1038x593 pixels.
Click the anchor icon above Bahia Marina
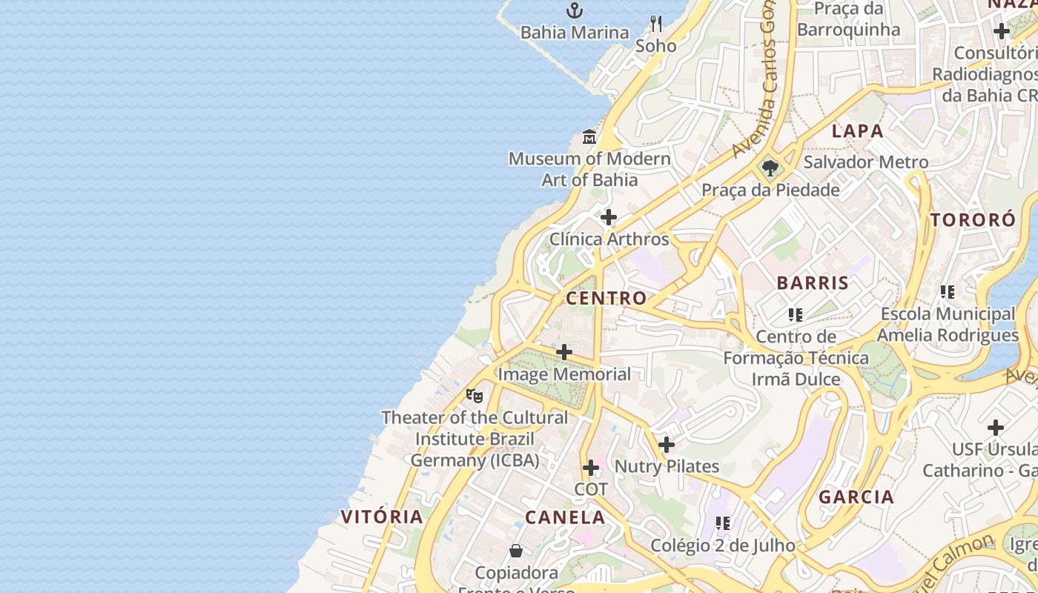tap(575, 10)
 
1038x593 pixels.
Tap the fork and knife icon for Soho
tap(655, 24)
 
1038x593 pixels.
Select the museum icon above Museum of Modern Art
tap(589, 137)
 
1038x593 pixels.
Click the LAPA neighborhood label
tap(857, 131)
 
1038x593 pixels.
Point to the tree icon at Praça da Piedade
tap(770, 168)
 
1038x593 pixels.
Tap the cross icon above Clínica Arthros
tap(609, 217)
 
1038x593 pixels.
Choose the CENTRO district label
tap(606, 298)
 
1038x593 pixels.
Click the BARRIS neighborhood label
tap(813, 282)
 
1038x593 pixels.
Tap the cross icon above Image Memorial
tap(564, 352)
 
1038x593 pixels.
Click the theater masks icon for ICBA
tap(475, 396)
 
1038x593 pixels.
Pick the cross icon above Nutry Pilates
tap(667, 445)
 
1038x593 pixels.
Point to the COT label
tap(591, 489)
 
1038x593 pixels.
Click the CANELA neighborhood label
tap(565, 517)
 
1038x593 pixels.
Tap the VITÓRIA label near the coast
tap(382, 517)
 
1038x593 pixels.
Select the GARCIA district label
tap(856, 497)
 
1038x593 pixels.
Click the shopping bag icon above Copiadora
tap(516, 551)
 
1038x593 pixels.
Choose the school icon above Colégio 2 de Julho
tap(723, 523)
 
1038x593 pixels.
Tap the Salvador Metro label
tap(865, 162)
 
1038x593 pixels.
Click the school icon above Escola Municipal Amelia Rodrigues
tap(947, 292)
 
